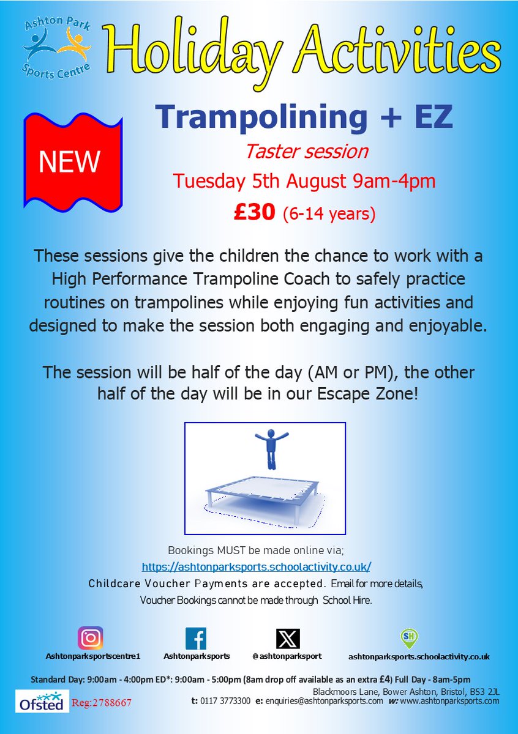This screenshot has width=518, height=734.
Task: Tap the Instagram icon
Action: (x=90, y=639)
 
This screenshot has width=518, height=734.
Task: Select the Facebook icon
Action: (x=196, y=639)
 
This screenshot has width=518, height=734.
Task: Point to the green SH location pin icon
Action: (x=409, y=639)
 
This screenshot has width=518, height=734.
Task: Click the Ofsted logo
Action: (x=39, y=702)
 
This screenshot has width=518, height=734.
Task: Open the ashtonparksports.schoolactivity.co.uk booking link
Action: (x=256, y=566)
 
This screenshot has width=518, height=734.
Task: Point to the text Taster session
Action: (x=307, y=150)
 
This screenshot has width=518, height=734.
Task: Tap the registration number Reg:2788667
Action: (x=102, y=703)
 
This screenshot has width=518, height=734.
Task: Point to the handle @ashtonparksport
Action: (x=287, y=656)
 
